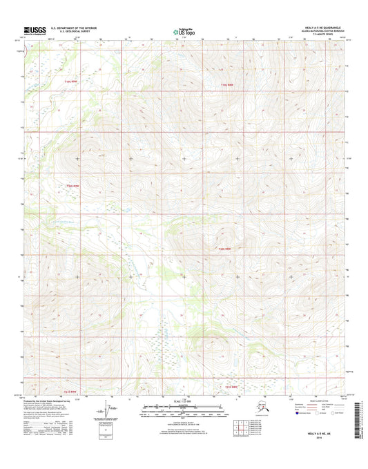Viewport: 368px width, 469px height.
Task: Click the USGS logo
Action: pos(34,30)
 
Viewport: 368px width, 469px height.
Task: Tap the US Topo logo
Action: pos(184,32)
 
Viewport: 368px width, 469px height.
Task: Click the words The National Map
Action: pos(184,27)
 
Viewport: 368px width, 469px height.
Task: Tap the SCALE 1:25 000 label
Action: pos(184,402)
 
